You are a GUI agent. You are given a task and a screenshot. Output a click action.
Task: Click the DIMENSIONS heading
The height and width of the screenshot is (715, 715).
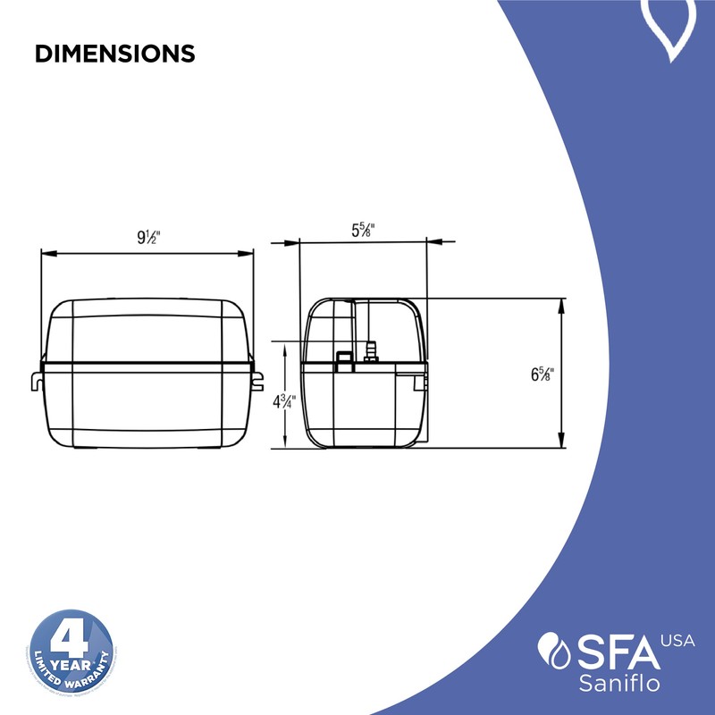point(114,54)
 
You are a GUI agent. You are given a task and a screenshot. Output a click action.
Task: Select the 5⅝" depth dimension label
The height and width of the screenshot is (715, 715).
point(362,229)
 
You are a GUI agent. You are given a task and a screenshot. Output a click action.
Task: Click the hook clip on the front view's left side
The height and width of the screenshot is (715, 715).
point(36,380)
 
